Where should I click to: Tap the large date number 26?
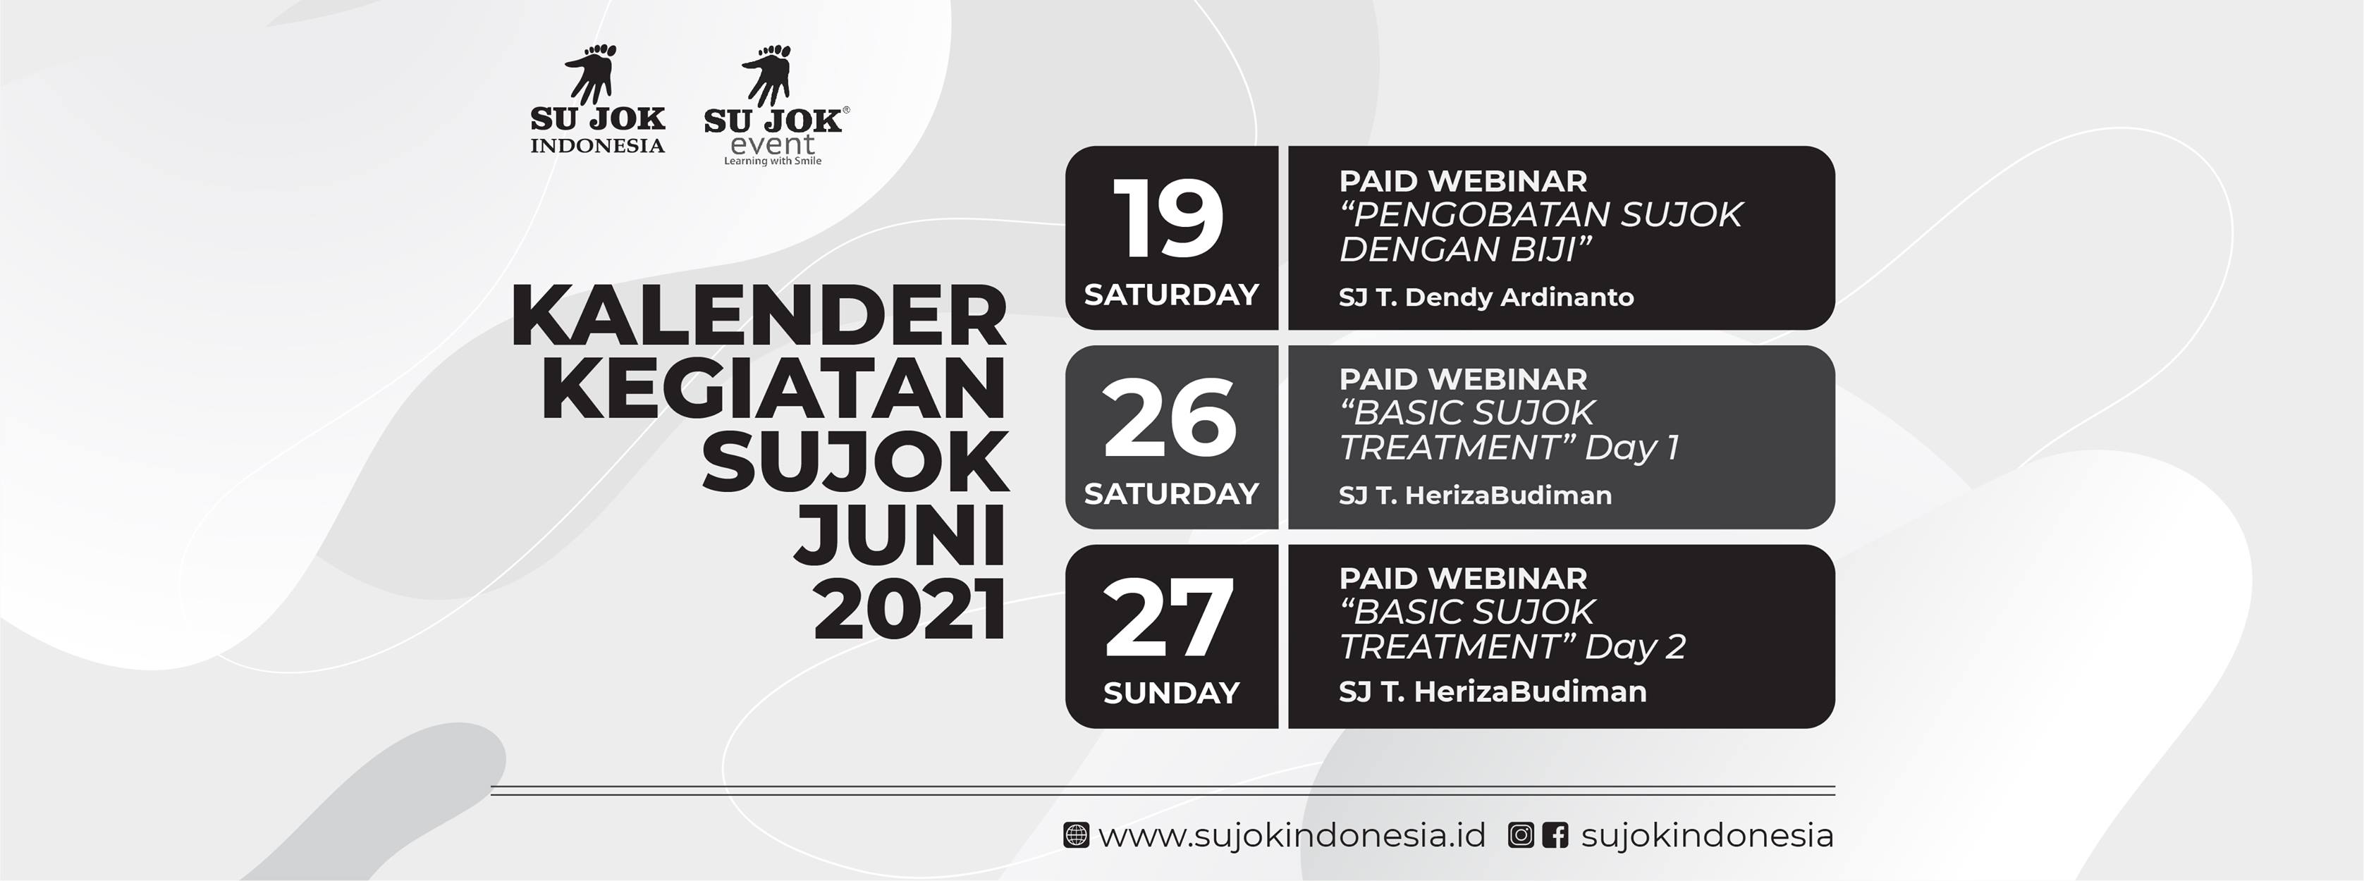click(1170, 419)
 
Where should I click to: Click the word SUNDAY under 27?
click(1171, 692)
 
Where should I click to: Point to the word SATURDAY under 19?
click(1171, 295)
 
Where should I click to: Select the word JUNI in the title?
click(900, 535)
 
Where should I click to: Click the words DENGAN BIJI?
click(1464, 249)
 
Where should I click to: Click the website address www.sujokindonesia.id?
click(1291, 836)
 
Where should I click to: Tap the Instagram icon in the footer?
click(1521, 836)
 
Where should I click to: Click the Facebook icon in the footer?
click(1555, 836)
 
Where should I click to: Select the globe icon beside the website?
click(1076, 836)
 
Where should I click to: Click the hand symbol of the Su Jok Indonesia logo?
click(590, 73)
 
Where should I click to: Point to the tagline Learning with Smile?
click(773, 161)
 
